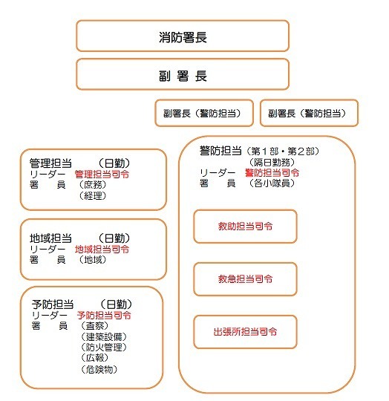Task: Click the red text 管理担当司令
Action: pyautogui.click(x=102, y=175)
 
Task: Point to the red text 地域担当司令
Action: pyautogui.click(x=102, y=249)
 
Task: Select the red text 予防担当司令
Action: pyautogui.click(x=104, y=315)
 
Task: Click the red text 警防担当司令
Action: pyautogui.click(x=272, y=173)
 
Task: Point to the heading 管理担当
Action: pyautogui.click(x=50, y=163)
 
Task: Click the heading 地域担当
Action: pyautogui.click(x=50, y=238)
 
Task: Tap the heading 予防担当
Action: pyautogui.click(x=53, y=304)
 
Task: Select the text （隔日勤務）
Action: pyautogui.click(x=272, y=162)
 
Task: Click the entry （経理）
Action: pyautogui.click(x=93, y=196)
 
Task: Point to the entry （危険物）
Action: pyautogui.click(x=99, y=369)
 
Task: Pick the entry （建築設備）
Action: pyautogui.click(x=104, y=336)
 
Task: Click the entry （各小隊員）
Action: pyautogui.click(x=272, y=183)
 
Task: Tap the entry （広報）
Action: pyautogui.click(x=95, y=357)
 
